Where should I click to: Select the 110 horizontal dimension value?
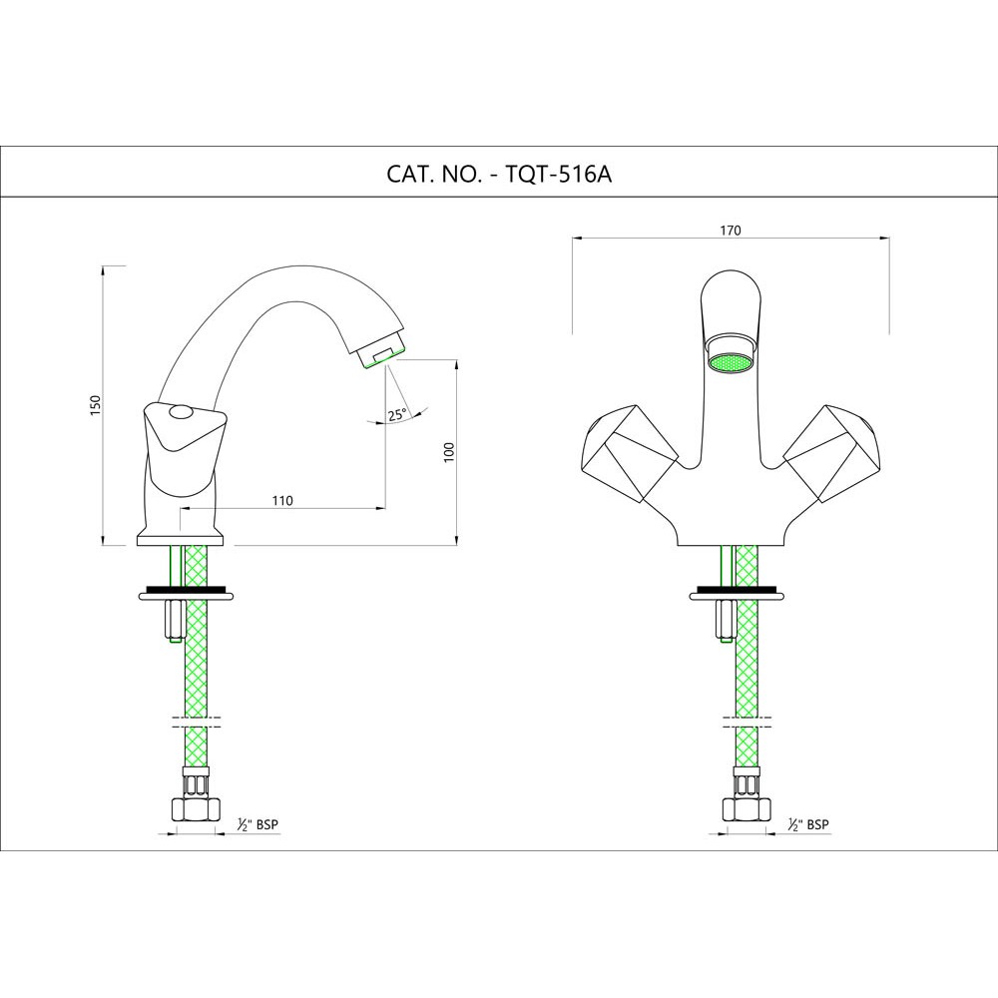point(282,501)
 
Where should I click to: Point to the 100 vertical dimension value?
point(448,451)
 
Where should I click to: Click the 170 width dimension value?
point(731,231)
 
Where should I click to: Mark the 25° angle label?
point(397,415)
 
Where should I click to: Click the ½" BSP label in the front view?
point(808,824)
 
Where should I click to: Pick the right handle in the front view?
point(834,451)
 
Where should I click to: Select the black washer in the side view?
point(185,589)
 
